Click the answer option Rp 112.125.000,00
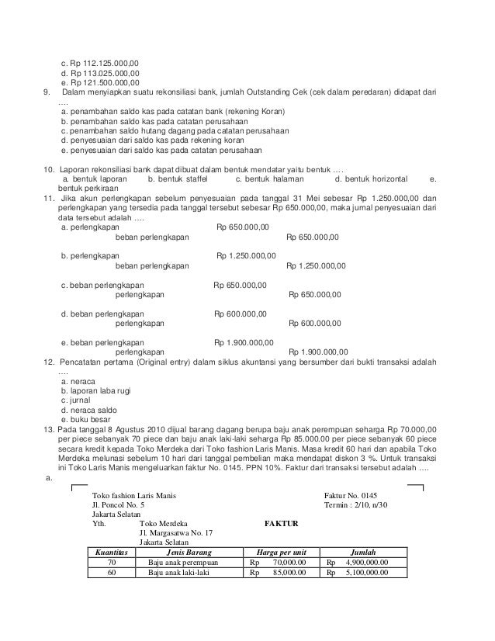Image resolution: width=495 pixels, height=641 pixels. [x=100, y=63]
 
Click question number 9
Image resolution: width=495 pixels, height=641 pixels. [x=47, y=93]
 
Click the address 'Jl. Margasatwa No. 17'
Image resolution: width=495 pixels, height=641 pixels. [x=175, y=533]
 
